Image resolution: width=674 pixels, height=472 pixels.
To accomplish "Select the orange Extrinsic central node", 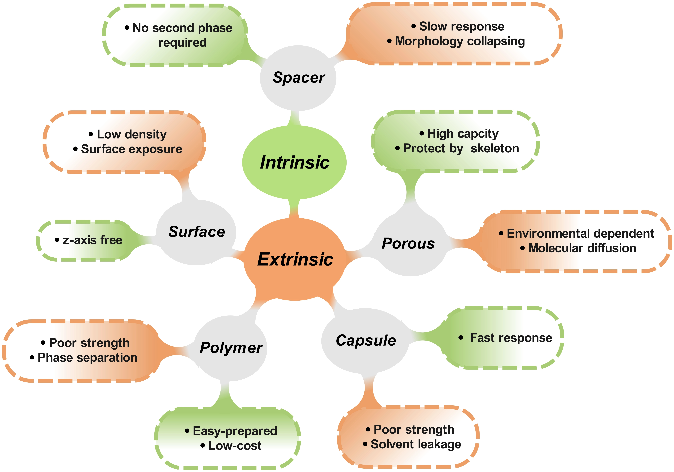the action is point(294,259).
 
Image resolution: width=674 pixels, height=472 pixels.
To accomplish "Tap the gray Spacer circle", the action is point(298,78).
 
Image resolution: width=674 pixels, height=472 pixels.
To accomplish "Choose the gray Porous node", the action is point(410,243).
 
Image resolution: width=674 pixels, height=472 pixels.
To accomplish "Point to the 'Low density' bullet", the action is point(132,134).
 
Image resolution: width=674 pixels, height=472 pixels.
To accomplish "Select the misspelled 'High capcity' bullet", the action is point(463,134).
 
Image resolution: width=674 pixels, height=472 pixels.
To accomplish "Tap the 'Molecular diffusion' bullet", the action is point(582,248).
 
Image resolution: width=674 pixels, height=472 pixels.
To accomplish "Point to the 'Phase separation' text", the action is point(88,358).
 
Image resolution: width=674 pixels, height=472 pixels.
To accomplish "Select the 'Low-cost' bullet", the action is point(235,446).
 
